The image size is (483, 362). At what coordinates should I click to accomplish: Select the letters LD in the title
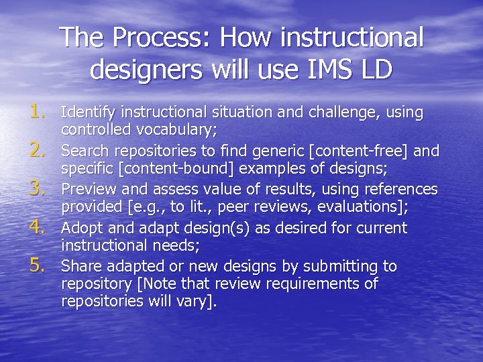click(x=375, y=69)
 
